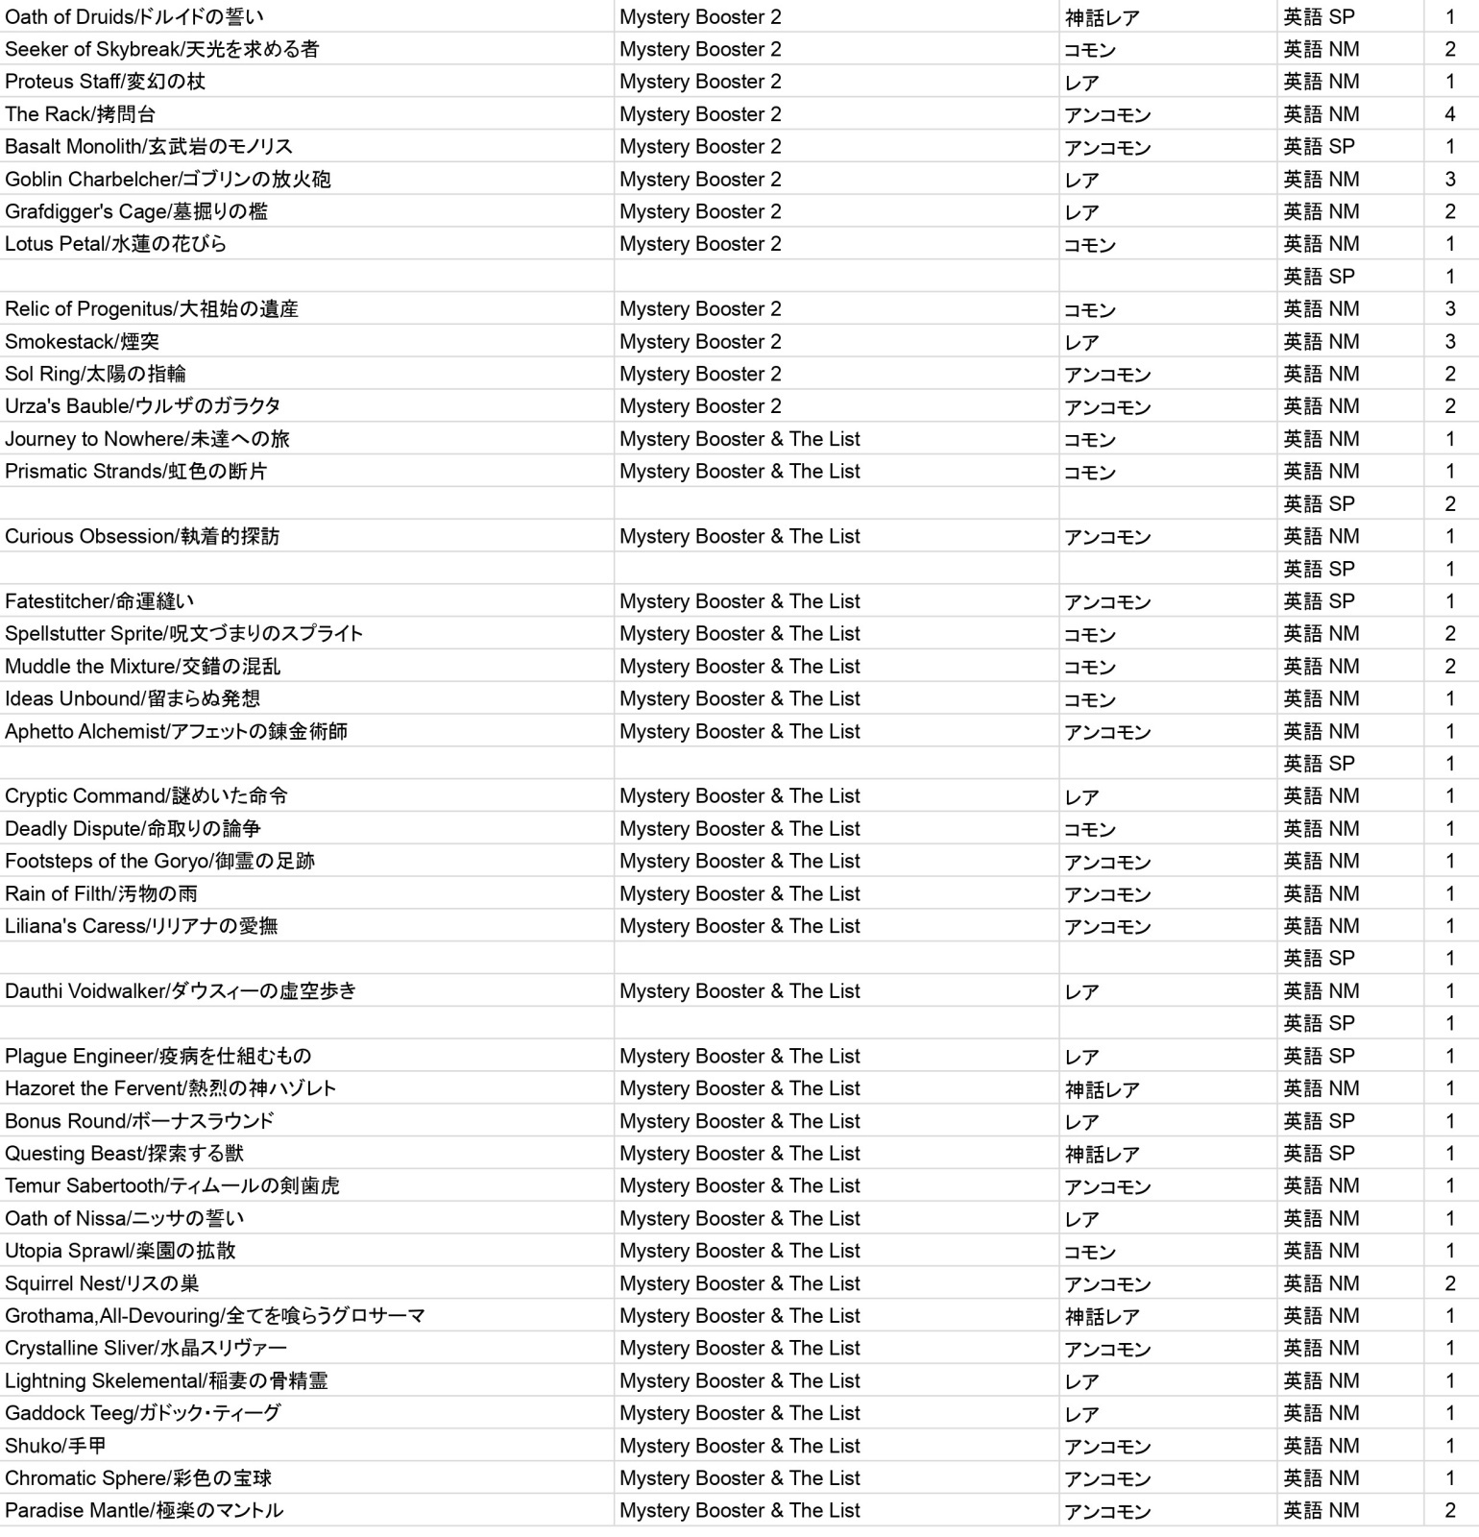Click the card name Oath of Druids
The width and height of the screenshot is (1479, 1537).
[x=134, y=17]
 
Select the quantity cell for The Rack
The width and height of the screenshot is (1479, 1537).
[x=1450, y=114]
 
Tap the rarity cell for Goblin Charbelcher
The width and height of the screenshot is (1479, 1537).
[x=1082, y=180]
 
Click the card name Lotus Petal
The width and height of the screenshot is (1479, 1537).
[x=116, y=244]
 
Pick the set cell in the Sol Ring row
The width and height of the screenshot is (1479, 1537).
[x=700, y=374]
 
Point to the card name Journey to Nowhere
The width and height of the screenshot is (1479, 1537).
[x=147, y=439]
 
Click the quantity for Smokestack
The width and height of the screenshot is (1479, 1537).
[x=1450, y=342]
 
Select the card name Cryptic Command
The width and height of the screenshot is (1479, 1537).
[x=146, y=796]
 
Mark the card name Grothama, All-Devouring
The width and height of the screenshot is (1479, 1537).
[x=215, y=1316]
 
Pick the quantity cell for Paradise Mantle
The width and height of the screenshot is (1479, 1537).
[x=1450, y=1511]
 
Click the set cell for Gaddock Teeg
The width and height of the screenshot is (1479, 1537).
[x=739, y=1413]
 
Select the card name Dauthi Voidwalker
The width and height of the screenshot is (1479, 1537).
[x=181, y=991]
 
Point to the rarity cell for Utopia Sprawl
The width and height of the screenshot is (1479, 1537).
[x=1090, y=1252]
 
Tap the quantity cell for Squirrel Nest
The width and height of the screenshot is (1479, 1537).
[x=1450, y=1283]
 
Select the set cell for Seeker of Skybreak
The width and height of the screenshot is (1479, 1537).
[x=700, y=49]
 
